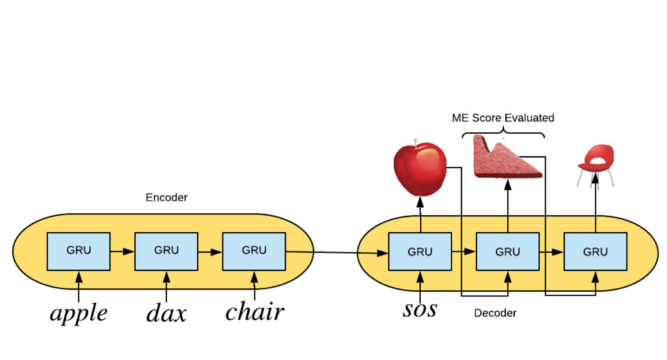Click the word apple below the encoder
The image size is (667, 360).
click(x=78, y=313)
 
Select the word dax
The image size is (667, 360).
click(x=165, y=313)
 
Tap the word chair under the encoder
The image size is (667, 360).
click(x=254, y=312)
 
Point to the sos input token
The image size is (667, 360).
click(x=419, y=308)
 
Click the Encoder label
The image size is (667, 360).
click(x=166, y=197)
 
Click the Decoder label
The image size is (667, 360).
click(x=494, y=313)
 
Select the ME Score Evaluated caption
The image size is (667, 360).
click(x=503, y=118)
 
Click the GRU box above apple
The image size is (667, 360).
click(x=78, y=251)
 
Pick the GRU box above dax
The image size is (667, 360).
click(x=166, y=251)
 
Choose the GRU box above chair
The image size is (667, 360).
click(x=254, y=251)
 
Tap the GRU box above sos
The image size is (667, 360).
click(x=419, y=251)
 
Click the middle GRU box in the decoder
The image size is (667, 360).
click(x=507, y=251)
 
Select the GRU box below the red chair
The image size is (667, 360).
click(x=595, y=251)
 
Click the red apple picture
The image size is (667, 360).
click(x=419, y=169)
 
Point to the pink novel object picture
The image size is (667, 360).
click(x=505, y=158)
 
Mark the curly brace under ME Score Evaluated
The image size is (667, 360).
click(x=503, y=133)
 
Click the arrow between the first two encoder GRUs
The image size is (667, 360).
click(x=122, y=250)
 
